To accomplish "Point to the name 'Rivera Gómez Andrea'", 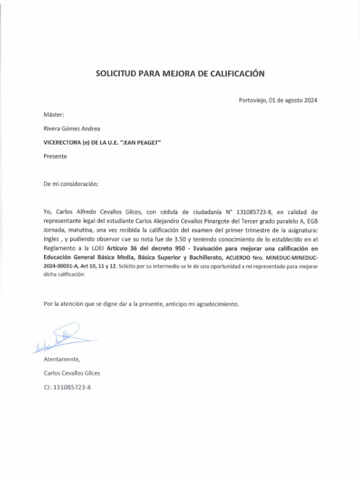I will pyautogui.click(x=71, y=128).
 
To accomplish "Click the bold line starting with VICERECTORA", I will pyautogui.click(x=102, y=142).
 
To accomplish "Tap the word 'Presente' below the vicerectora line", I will pyautogui.click(x=55, y=157).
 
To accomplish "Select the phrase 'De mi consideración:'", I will pyautogui.click(x=71, y=184).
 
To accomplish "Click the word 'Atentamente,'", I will pyautogui.click(x=62, y=360).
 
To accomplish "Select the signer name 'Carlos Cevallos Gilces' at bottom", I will pyautogui.click(x=72, y=374).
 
